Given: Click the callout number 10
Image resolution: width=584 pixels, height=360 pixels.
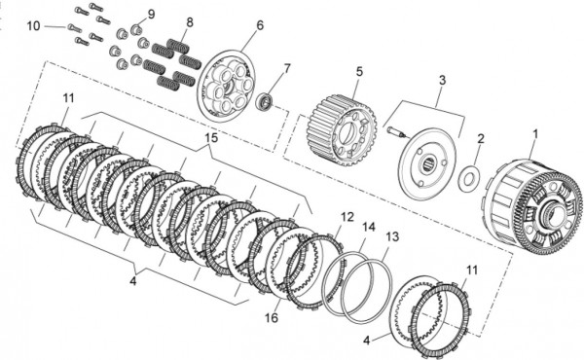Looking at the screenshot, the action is click(33, 26).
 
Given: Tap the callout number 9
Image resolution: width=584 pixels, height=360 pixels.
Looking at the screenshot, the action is click(151, 15).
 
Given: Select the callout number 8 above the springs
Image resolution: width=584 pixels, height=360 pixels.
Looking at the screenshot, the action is click(190, 22).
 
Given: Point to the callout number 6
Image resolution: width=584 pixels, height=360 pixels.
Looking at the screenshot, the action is click(260, 25).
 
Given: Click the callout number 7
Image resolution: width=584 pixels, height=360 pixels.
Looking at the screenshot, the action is click(287, 69).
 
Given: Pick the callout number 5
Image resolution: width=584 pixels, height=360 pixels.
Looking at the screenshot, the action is click(359, 71).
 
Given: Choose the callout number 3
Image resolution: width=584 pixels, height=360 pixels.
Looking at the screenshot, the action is click(442, 81).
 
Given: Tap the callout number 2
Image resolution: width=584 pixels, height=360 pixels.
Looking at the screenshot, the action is click(481, 139).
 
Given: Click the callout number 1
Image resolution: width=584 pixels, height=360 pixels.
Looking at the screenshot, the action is click(535, 134).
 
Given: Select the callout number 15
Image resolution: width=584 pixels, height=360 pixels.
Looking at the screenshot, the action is click(211, 138).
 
